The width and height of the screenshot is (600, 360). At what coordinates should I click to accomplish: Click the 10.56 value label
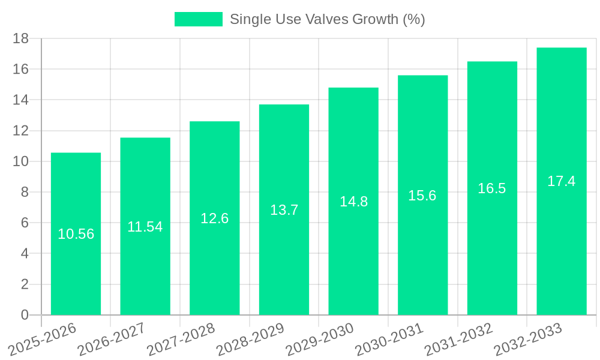[x=76, y=234]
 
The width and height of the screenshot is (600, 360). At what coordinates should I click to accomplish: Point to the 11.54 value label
[x=145, y=227]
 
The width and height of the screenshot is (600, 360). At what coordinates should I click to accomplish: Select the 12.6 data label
[x=214, y=218]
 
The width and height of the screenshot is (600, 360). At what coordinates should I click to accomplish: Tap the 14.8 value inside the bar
[x=353, y=202]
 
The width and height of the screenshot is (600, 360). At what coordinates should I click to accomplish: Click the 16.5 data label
[x=492, y=188]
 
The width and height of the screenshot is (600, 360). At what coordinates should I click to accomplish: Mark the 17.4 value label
[x=562, y=181]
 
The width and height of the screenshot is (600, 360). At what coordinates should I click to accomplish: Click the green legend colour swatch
[x=198, y=19]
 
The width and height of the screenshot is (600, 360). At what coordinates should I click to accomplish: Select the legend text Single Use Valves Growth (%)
[x=327, y=19]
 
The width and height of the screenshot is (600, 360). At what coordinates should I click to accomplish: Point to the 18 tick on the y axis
[x=21, y=38]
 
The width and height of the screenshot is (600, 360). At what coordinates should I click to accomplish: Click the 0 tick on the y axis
[x=25, y=315]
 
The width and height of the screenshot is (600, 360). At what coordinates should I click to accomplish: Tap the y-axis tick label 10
[x=21, y=161]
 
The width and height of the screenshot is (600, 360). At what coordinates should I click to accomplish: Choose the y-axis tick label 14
[x=21, y=100]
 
